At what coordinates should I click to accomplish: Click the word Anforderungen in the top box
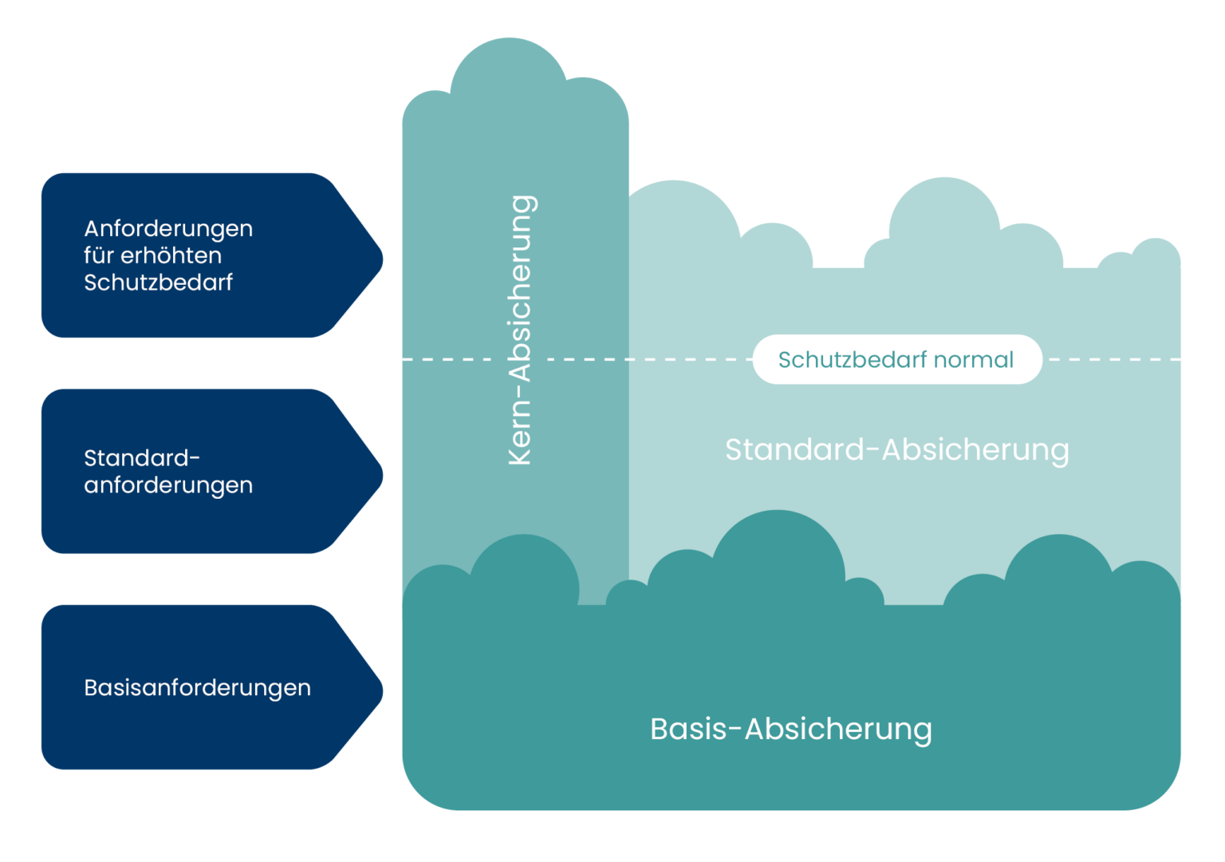click(168, 229)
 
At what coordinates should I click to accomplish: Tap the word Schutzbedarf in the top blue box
click(158, 283)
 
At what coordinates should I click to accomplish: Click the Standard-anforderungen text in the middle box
click(167, 471)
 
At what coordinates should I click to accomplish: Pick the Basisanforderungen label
click(197, 687)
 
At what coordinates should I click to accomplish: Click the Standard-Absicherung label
click(896, 449)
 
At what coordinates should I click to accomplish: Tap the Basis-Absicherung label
click(790, 729)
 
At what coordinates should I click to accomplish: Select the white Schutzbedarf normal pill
click(896, 359)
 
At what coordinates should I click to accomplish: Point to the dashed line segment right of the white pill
click(1113, 359)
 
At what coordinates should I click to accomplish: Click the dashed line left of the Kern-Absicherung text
click(447, 359)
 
